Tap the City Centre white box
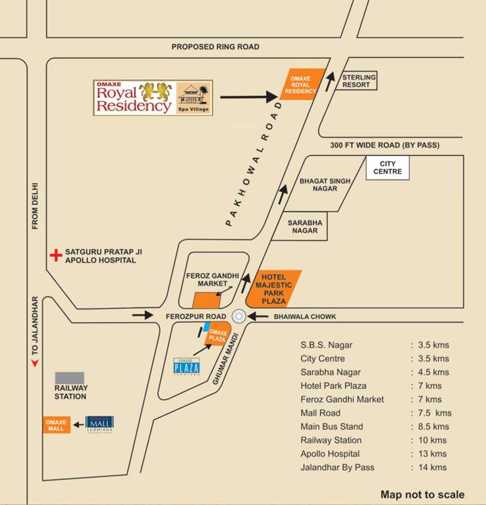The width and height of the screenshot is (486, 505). coord(388,168)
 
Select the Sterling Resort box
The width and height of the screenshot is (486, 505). coord(358,81)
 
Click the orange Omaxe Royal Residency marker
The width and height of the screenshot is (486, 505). coord(302,84)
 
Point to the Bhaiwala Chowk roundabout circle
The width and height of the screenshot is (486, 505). coord(239,316)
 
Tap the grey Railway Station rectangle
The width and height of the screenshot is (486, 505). coord(69,378)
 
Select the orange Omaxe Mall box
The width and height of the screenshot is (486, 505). coord(57,424)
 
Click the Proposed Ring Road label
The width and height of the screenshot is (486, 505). coord(215,47)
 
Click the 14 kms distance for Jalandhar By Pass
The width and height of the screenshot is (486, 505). coord(431,468)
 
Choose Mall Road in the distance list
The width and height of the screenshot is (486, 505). coord(320,413)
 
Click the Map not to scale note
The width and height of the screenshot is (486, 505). coord(422,494)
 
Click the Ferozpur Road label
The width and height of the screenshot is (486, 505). coord(196,316)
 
